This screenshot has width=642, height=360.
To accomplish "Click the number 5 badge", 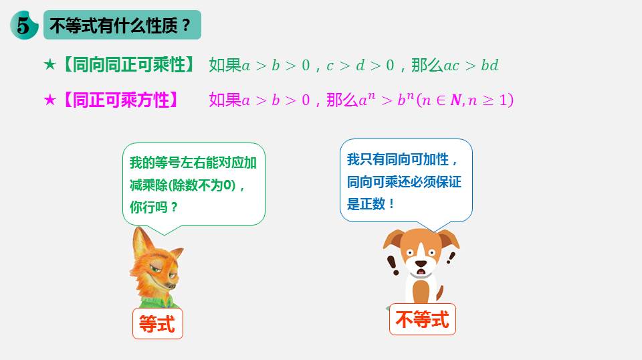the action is point(24,25).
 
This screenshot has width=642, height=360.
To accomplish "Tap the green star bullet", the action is point(49,64).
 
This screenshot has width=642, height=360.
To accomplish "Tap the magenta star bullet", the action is point(49,100).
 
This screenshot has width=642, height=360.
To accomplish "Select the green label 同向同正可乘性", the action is point(128,65).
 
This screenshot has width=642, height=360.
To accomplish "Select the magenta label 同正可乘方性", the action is point(120,100).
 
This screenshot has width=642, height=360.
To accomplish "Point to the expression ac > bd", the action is point(471,66).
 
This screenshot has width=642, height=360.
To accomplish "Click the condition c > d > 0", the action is point(360,66).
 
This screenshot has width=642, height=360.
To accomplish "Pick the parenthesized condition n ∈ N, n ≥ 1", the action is point(465,100).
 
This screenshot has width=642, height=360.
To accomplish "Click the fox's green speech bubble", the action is point(194,184).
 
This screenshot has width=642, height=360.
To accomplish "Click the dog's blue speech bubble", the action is point(406,181).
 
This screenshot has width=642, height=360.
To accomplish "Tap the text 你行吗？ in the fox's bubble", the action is point(154,207).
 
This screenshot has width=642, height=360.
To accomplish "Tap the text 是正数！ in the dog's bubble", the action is point(370,203).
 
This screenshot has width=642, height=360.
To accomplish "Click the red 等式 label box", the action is point(158,324).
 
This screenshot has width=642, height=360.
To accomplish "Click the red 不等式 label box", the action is point(423,319).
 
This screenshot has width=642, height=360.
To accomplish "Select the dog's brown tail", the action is point(439,292).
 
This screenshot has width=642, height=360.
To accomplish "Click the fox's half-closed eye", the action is point(154,269).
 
